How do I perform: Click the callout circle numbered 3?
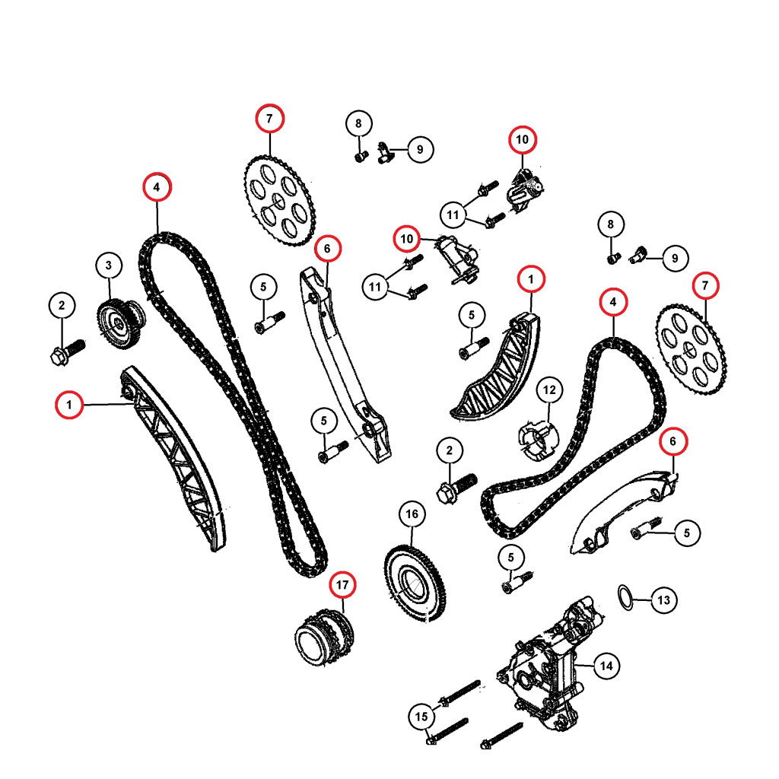(x=109, y=265)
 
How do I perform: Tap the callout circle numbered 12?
(x=549, y=390)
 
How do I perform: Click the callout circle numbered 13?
(x=663, y=600)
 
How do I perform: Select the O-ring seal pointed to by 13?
(x=625, y=598)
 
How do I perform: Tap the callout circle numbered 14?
(x=606, y=666)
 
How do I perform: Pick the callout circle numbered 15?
(x=421, y=717)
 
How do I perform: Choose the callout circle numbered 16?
(x=412, y=515)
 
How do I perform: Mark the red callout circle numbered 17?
(x=342, y=585)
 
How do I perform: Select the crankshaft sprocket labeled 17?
(x=324, y=637)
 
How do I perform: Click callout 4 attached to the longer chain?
(x=156, y=186)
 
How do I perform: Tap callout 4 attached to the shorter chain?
(x=613, y=303)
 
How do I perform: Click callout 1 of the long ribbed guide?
(x=69, y=405)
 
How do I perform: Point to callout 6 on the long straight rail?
(x=327, y=249)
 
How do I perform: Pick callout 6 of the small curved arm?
(x=672, y=440)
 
